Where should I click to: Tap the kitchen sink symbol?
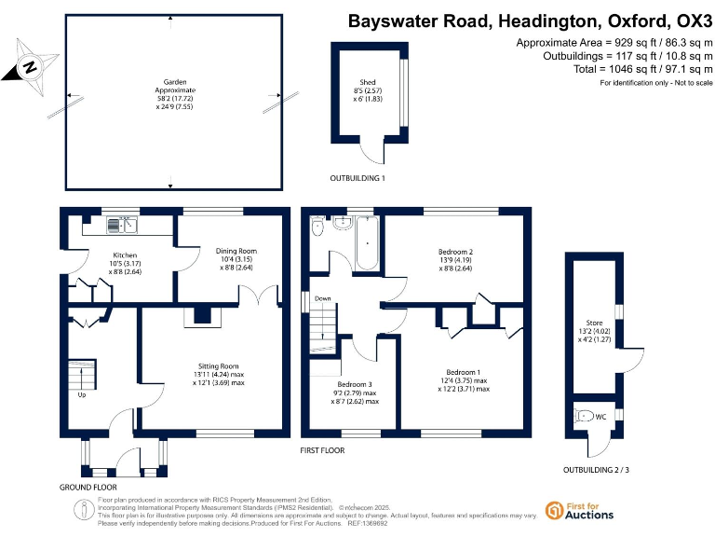[x=123, y=224]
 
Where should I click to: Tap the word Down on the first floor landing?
[x=323, y=299]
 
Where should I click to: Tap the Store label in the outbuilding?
[x=594, y=332]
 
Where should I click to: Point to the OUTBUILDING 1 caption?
[x=357, y=178]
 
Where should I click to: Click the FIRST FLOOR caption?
[x=322, y=450]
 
